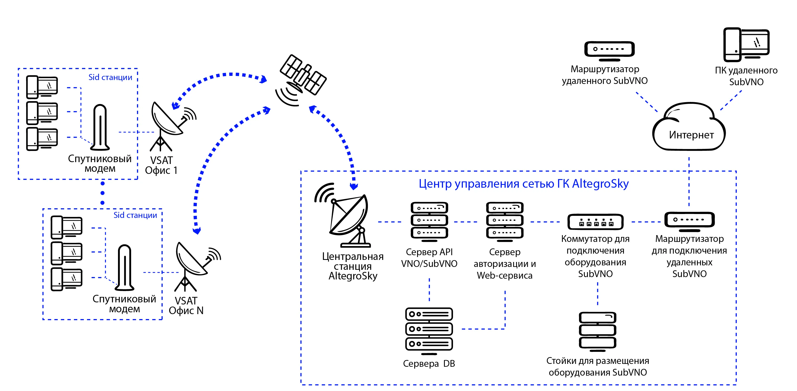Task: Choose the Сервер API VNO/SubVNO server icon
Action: [429, 221]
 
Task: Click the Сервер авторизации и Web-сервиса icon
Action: [505, 221]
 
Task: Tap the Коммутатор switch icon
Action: [595, 222]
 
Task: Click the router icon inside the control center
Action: [689, 221]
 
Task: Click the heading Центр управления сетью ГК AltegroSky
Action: [523, 184]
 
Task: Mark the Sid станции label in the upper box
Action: [110, 77]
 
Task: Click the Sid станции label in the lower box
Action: [135, 215]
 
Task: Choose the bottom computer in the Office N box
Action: [67, 279]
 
